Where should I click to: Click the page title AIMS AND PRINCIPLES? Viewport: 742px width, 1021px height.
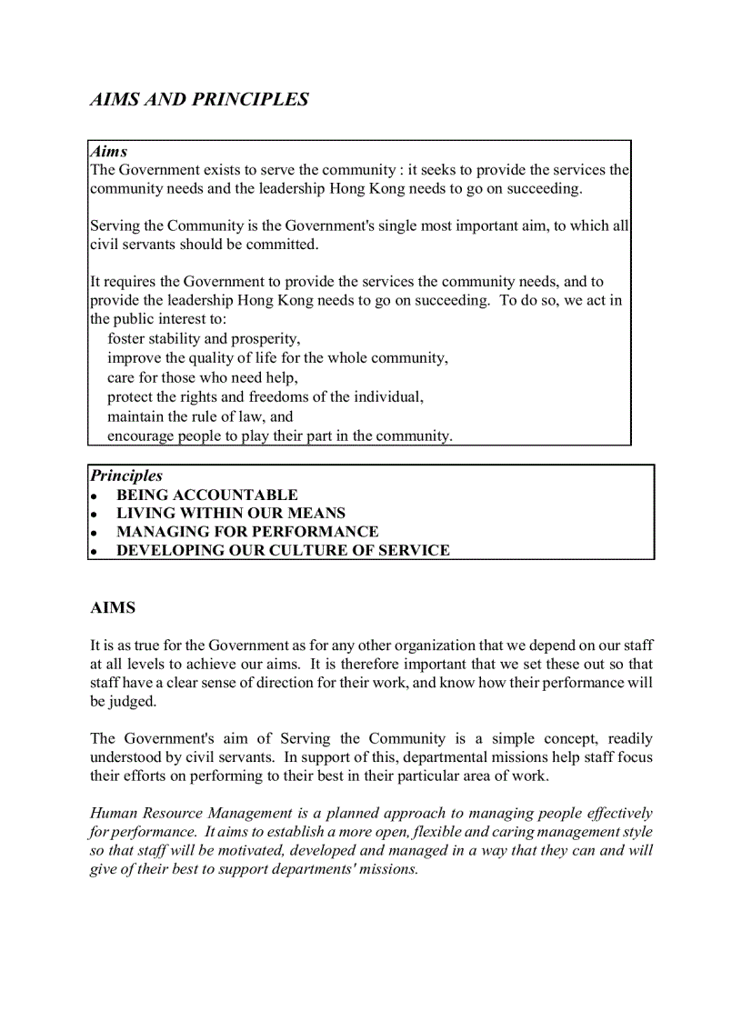point(199,100)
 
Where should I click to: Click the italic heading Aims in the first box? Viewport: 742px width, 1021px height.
point(108,152)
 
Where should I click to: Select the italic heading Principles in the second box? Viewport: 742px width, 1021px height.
point(126,475)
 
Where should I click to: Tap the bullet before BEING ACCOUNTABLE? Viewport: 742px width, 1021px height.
point(94,496)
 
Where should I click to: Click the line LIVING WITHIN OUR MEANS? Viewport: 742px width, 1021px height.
point(230,514)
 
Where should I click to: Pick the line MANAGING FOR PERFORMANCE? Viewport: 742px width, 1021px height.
point(247,532)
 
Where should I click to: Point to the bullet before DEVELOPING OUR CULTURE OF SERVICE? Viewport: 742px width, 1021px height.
point(94,552)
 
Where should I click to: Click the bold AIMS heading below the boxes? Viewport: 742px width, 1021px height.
point(113,607)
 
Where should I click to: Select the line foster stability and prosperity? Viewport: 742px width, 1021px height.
point(204,339)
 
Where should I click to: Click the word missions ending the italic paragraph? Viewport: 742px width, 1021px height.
point(387,868)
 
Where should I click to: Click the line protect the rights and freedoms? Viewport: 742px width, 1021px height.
point(265,397)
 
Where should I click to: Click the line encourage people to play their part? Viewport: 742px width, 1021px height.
point(279,435)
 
